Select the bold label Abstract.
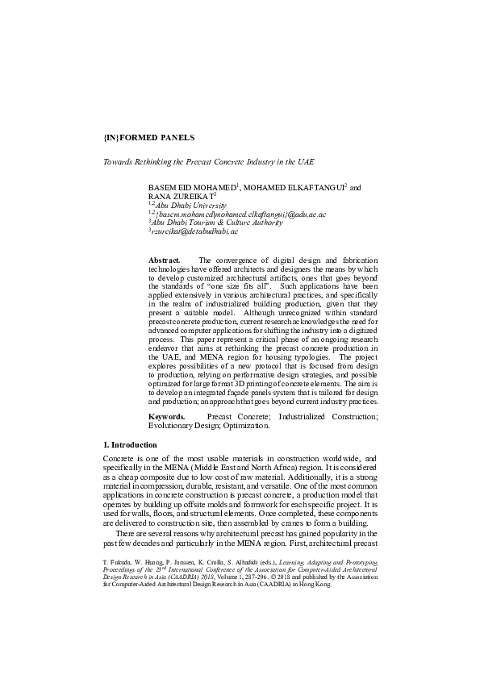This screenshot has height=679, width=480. pos(165,260)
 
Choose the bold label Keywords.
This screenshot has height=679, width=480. pos(166,416)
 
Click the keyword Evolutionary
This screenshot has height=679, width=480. pos(173,425)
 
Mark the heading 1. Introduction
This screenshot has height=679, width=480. pos(130,444)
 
